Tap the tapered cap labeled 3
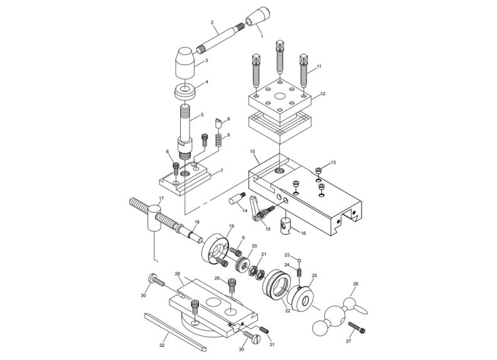click(183, 62)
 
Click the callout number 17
click(161, 199)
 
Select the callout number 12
click(323, 94)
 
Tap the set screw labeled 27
click(355, 327)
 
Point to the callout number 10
click(252, 152)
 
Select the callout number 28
click(178, 274)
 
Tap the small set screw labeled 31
click(264, 330)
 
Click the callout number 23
click(287, 255)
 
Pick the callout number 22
click(289, 310)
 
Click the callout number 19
click(232, 225)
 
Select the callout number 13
click(333, 162)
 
